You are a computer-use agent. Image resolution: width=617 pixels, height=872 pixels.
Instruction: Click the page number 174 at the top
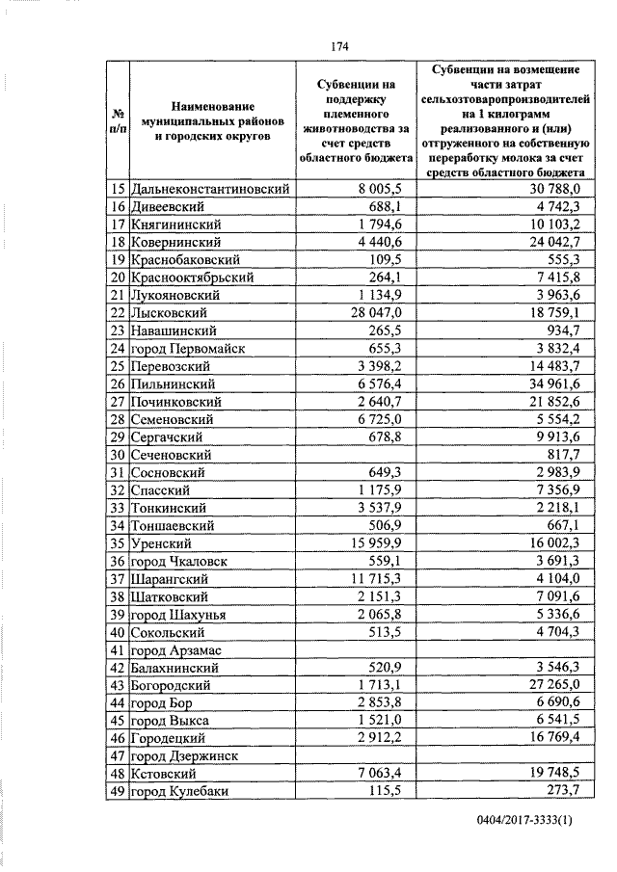[x=337, y=46]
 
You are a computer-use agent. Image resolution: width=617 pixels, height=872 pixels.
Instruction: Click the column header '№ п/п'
[x=117, y=120]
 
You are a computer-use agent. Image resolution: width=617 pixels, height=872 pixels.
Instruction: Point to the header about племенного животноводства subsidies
[x=355, y=120]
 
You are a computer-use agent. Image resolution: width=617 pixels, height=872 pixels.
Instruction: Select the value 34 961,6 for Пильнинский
[x=551, y=383]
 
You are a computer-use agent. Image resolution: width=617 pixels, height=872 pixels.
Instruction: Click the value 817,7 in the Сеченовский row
[x=560, y=454]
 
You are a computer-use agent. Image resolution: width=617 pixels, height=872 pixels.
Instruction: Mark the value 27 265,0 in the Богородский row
[x=551, y=684]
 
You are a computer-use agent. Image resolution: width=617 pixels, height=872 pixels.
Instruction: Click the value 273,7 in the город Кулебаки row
[x=560, y=790]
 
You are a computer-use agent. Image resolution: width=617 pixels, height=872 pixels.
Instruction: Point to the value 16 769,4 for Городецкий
[x=551, y=737]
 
